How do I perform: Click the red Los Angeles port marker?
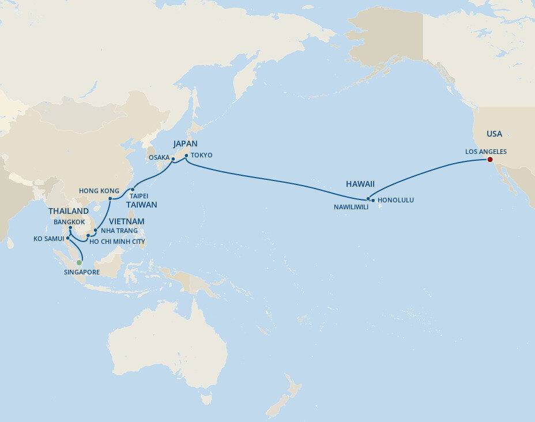pyautogui.click(x=489, y=160)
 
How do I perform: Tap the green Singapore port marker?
pyautogui.click(x=80, y=262)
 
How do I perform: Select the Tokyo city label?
pyautogui.click(x=201, y=155)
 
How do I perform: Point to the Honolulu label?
pyautogui.click(x=395, y=200)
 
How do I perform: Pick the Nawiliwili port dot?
pyautogui.click(x=368, y=198)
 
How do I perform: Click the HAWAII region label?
pyautogui.click(x=360, y=184)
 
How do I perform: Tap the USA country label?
pyautogui.click(x=494, y=134)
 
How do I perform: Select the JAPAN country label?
pyautogui.click(x=186, y=144)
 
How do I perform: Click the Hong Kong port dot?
pyautogui.click(x=110, y=200)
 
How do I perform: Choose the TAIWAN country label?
pyautogui.click(x=142, y=205)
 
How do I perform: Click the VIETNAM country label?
pyautogui.click(x=126, y=221)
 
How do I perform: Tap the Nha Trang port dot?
pyautogui.click(x=95, y=231)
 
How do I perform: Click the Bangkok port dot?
pyautogui.click(x=70, y=228)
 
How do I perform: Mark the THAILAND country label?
pyautogui.click(x=69, y=212)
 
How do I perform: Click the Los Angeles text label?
pyautogui.click(x=485, y=152)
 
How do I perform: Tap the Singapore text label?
pyautogui.click(x=82, y=272)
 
